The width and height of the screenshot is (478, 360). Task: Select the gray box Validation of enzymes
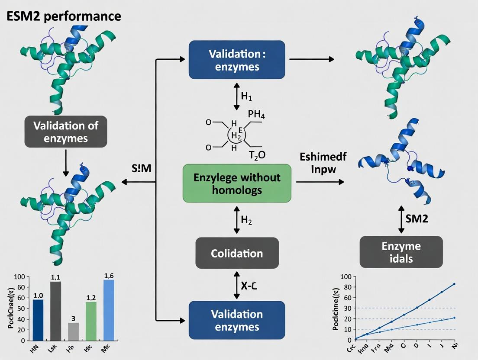66,132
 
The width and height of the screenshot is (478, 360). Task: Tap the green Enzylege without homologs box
237,183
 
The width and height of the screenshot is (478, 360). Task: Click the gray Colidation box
237,253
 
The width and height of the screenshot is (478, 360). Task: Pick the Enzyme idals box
401,252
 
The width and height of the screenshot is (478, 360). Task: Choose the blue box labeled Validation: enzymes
237,60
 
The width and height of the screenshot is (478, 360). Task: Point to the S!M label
141,169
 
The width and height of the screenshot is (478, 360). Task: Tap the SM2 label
417,219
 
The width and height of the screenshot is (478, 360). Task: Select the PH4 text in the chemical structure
256,115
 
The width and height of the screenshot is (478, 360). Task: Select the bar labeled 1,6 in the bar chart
108,309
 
